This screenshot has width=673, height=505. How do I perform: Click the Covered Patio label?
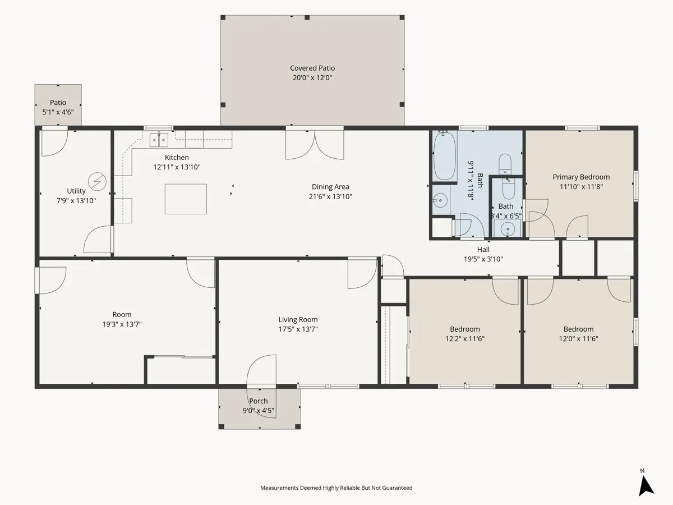point(312,68)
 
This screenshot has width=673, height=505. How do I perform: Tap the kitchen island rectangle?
point(186,199)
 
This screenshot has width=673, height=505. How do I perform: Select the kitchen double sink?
point(159,140)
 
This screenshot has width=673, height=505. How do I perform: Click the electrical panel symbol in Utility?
point(97,181)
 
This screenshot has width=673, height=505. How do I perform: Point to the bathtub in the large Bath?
point(444,155)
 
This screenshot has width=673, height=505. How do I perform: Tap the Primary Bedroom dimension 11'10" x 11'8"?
point(581,187)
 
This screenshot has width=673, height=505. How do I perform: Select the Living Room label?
point(298,319)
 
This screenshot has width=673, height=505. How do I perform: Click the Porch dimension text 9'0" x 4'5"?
point(259,411)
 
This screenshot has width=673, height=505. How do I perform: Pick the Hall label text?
point(483,250)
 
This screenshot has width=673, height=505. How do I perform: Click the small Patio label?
point(58,103)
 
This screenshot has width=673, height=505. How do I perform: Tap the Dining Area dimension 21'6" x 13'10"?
point(330,196)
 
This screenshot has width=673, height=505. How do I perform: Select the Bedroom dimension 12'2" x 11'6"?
point(465,339)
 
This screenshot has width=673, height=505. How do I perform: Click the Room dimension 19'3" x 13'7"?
point(122,324)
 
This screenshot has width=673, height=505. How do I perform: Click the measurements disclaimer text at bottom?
point(336,488)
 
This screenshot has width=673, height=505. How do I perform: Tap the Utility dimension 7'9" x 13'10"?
point(76,201)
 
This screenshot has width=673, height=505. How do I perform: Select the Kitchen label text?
point(177,157)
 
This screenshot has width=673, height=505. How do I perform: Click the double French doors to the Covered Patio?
point(315,144)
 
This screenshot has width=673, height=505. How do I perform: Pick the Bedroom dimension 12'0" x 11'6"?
point(579,339)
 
